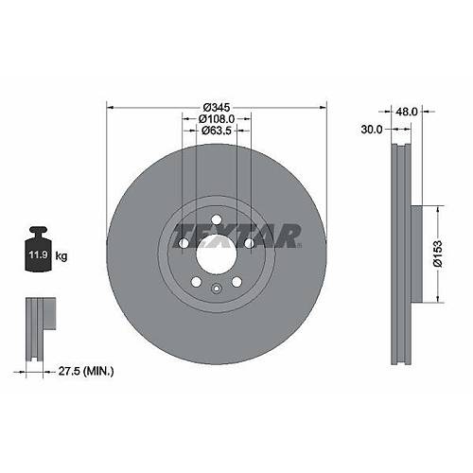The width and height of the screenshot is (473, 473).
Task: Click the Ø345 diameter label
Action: (x=216, y=106)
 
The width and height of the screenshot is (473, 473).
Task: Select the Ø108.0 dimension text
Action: (x=217, y=119)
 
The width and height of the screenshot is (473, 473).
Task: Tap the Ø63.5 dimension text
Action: (x=217, y=132)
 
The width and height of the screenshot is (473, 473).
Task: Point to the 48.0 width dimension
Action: (x=407, y=110)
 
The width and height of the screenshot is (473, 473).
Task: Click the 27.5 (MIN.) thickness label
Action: (x=85, y=372)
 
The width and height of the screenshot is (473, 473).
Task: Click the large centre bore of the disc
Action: (x=216, y=254)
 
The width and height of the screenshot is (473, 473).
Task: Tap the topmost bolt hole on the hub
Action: (x=216, y=221)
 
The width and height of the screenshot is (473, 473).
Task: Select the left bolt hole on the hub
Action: (x=183, y=244)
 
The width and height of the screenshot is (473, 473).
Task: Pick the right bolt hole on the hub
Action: (x=249, y=244)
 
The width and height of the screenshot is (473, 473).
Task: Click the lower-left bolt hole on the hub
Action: (x=195, y=281)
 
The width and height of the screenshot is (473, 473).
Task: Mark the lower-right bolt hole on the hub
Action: (x=236, y=281)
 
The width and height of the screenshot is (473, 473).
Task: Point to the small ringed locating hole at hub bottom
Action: (x=216, y=289)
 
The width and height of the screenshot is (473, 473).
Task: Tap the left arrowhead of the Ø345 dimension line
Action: (x=110, y=106)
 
